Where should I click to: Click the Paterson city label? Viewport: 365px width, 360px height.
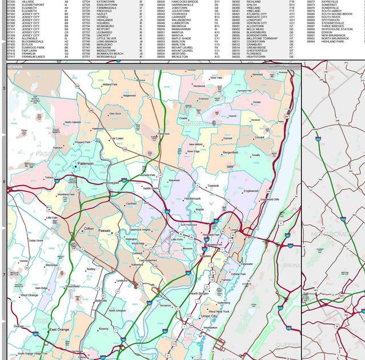click(85, 163)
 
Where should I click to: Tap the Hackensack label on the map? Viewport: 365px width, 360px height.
click(196, 198)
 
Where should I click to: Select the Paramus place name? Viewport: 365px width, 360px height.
click(163, 134)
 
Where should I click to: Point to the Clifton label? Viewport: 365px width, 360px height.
click(89, 229)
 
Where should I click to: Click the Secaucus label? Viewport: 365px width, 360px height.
click(166, 306)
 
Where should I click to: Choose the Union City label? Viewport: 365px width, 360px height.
click(208, 316)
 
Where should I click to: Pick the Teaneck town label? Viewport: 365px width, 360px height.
click(213, 185)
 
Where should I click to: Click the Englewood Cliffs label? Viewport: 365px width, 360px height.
click(270, 199)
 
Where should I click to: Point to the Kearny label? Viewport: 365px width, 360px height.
click(103, 329)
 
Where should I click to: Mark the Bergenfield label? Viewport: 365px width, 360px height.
click(231, 153)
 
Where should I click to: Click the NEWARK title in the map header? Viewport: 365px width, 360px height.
click(15, 67)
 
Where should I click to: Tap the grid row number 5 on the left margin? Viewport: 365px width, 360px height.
click(4, 88)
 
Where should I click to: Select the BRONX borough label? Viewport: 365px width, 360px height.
click(291, 265)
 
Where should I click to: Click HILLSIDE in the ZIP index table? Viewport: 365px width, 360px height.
click(28, 2)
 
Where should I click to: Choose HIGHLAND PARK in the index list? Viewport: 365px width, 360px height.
click(332, 42)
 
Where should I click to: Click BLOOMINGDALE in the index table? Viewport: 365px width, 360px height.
click(33, 42)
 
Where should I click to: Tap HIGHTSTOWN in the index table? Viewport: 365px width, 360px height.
click(256, 57)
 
